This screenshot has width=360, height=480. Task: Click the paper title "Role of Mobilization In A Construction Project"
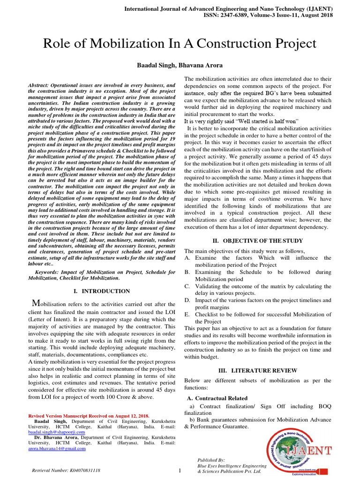tap(180, 44)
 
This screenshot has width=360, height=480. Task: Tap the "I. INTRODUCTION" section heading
tap(102, 291)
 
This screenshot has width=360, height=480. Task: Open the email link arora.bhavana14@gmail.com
tap(57, 448)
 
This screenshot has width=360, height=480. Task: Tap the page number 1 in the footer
tap(180, 470)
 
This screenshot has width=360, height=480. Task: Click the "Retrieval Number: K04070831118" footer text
tap(66, 470)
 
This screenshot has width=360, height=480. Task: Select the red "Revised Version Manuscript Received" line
tap(89, 416)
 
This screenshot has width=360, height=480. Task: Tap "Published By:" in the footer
tap(211, 460)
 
